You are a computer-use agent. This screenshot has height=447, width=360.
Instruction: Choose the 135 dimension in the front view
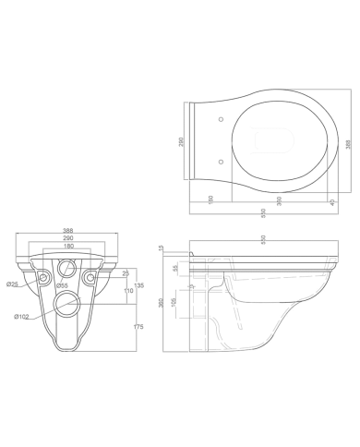(138, 286)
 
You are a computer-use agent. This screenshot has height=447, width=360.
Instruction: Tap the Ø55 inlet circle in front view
(66, 270)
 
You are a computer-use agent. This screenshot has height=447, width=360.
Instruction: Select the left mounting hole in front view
(41, 276)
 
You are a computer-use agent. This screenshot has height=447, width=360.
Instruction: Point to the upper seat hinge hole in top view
(222, 119)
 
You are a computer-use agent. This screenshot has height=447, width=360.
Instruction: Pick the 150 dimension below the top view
(210, 199)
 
